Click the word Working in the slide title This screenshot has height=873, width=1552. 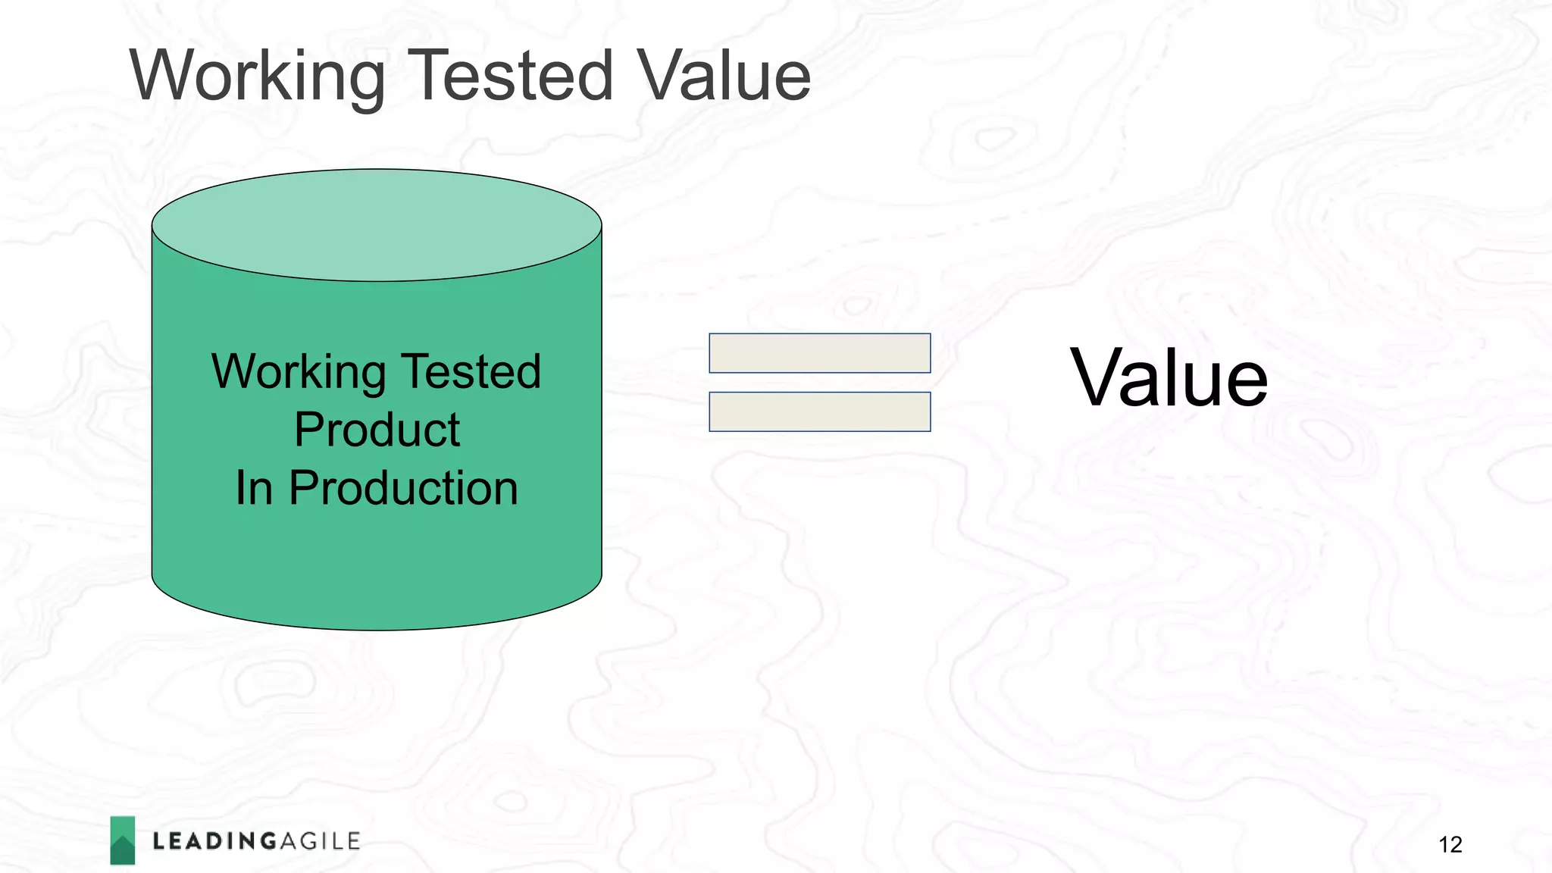258,76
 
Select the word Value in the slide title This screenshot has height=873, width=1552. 723,76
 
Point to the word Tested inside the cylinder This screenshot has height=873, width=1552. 471,371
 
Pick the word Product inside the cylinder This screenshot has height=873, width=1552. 377,430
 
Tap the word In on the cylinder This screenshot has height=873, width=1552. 253,488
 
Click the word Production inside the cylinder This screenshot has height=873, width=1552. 403,488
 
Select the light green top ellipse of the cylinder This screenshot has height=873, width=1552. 377,224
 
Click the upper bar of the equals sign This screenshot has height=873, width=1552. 819,353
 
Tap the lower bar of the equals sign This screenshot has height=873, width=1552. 819,411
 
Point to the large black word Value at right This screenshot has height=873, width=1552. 1168,378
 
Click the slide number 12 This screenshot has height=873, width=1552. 1450,844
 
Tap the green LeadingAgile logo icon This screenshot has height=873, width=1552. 123,840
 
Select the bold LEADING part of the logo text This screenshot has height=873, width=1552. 214,841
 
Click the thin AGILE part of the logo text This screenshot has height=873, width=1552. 320,841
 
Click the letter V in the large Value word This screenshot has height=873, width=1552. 1096,378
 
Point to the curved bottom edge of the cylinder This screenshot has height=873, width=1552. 377,628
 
